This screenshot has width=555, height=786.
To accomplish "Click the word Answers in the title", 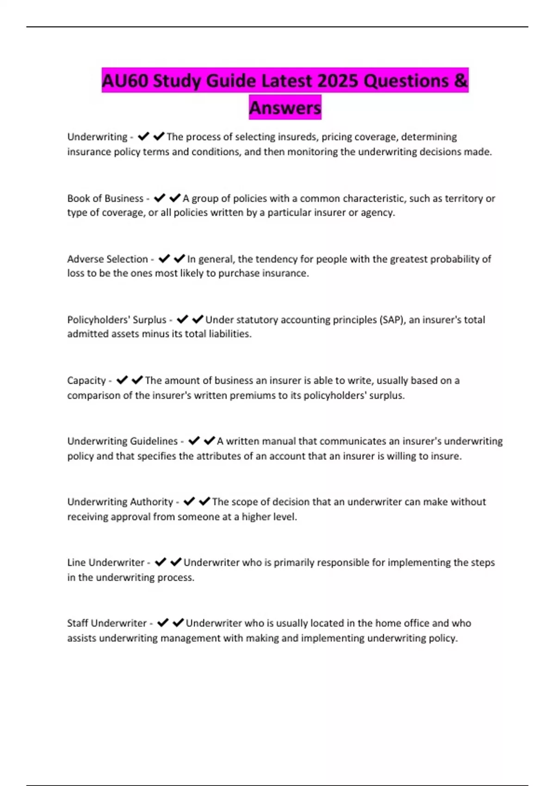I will (x=285, y=108).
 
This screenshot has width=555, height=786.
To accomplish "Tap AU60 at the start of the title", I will (x=125, y=81).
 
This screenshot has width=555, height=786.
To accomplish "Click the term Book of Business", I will (x=105, y=198).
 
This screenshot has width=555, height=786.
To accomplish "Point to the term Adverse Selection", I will (x=107, y=259).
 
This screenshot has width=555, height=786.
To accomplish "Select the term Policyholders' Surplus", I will (x=117, y=319).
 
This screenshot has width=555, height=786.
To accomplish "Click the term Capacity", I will (x=86, y=381).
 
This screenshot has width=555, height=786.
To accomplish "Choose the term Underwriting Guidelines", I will (x=122, y=441).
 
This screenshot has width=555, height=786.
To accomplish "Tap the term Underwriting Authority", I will (x=120, y=502).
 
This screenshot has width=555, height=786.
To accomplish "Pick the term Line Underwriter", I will (x=105, y=563).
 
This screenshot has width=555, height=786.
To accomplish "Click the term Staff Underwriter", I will (x=107, y=623).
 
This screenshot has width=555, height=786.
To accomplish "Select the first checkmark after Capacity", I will (x=122, y=380).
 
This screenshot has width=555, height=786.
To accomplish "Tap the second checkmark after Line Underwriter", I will (x=176, y=562).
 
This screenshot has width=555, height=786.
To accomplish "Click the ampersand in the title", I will (x=461, y=81).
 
